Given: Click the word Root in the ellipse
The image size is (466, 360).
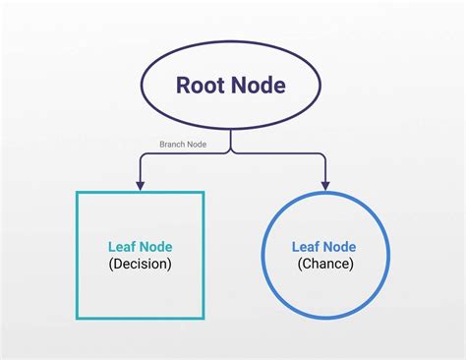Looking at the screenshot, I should click(x=203, y=85).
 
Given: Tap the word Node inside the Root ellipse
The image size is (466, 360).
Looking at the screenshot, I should click(x=259, y=85).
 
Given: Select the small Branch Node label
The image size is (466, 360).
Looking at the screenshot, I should click(x=183, y=144).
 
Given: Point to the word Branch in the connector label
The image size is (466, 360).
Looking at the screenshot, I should click(x=173, y=144).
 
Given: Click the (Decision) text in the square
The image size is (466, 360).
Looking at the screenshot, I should click(x=140, y=264).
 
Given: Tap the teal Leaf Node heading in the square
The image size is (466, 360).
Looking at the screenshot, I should click(x=140, y=246).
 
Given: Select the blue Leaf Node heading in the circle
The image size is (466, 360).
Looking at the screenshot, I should click(x=323, y=246).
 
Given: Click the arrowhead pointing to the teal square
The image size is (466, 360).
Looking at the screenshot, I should click(x=141, y=184).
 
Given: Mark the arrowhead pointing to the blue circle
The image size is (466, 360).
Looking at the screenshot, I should click(x=324, y=184).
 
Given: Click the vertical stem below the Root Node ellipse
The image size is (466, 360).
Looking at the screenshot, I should click(x=232, y=141).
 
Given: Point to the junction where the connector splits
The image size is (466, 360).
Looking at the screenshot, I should click(x=232, y=153).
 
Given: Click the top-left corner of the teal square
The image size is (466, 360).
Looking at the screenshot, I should click(x=78, y=193).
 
